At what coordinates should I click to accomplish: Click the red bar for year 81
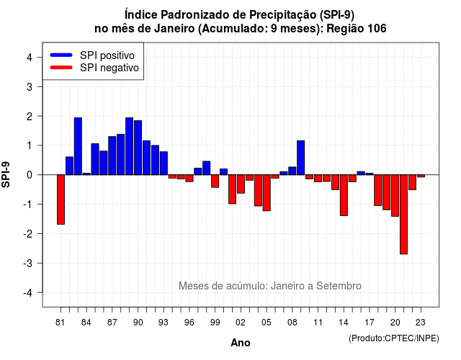61,199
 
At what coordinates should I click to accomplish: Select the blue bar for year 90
138,148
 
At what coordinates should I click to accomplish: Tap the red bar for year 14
344,195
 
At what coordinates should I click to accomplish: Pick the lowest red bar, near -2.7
403,215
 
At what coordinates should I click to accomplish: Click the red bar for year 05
267,193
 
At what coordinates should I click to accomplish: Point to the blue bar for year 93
164,163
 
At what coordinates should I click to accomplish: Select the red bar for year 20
395,196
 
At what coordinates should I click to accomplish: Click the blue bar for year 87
112,156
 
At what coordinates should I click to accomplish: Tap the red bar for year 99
215,181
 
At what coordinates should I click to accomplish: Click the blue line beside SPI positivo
61,55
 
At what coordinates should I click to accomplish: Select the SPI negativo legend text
109,68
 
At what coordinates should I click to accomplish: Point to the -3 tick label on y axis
28,263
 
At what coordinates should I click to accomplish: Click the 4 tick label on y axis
30,58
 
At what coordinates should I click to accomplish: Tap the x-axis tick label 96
189,323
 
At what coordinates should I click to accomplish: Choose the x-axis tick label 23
421,323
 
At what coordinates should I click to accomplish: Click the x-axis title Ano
241,343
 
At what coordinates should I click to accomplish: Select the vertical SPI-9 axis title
6,174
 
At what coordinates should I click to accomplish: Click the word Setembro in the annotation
339,286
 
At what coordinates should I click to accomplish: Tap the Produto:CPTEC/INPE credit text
394,338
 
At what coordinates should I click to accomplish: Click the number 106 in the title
375,29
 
